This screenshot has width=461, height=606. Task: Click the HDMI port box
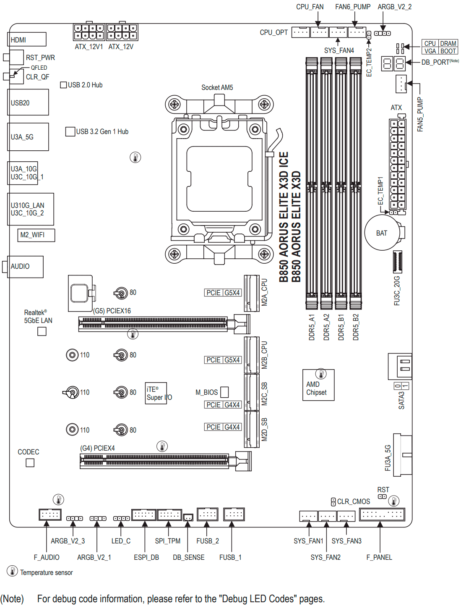coord(26,39)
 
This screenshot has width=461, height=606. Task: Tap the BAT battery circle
coord(382,233)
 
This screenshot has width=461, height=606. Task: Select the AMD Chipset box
coord(318,385)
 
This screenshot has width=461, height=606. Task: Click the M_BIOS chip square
coord(224,392)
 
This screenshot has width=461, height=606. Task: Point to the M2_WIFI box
coord(36,235)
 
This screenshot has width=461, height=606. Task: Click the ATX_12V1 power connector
coord(89,32)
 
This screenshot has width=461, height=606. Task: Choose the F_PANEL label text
coord(379,557)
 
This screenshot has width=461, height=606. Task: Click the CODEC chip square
coord(30,462)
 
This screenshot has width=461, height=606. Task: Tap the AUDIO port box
coord(25,266)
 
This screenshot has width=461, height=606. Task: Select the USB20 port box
coord(28,102)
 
